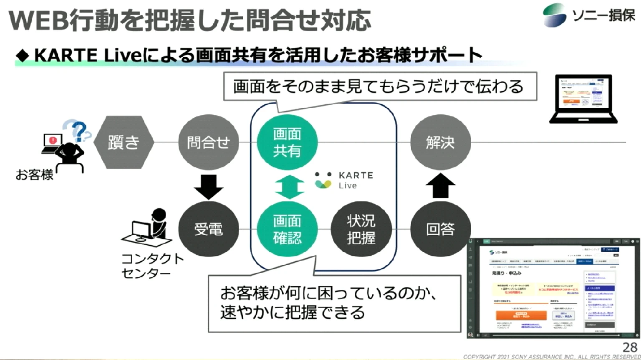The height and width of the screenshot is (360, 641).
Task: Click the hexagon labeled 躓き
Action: click(x=124, y=142)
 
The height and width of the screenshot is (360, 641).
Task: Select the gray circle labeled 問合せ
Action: click(x=208, y=142)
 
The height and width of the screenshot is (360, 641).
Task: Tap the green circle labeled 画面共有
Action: click(x=287, y=142)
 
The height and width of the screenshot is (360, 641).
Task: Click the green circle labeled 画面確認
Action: click(x=287, y=229)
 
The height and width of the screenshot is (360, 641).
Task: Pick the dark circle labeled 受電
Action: click(x=208, y=229)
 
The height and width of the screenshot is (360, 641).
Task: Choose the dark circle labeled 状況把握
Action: click(x=361, y=229)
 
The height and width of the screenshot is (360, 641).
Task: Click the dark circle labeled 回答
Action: click(x=440, y=229)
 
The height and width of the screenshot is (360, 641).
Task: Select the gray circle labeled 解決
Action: click(x=440, y=142)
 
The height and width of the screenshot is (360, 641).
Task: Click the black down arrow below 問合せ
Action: click(x=209, y=186)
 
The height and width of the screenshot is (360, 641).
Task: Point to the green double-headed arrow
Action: click(x=289, y=186)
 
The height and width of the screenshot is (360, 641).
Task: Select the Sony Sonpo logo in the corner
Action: click(x=589, y=15)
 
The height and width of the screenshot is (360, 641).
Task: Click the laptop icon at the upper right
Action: click(x=583, y=99)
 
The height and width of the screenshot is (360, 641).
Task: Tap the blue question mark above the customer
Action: click(x=78, y=130)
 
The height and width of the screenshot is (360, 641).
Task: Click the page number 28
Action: click(x=630, y=347)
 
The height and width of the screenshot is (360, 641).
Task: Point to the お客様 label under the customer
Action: click(x=35, y=175)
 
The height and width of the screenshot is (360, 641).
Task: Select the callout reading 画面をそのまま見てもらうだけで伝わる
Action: click(x=380, y=86)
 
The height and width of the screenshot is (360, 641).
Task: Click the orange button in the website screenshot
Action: click(x=521, y=316)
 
